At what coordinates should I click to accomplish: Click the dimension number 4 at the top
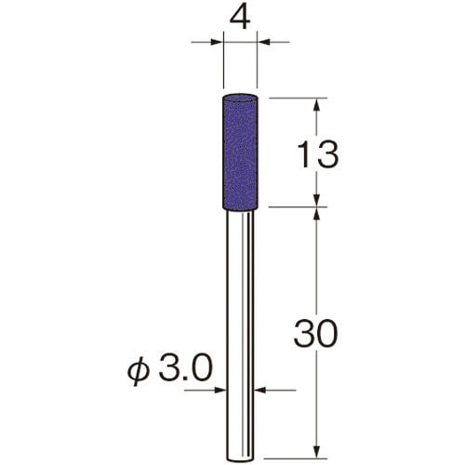pos(240,19)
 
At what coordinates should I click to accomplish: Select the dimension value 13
pos(318,154)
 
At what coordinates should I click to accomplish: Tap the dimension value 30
pos(315,333)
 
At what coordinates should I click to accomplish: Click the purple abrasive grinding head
pos(241,153)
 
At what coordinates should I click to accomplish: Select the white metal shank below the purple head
pos(241,336)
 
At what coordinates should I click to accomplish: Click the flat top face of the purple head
pos(241,97)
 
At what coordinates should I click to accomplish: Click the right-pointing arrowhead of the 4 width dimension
pos(217,42)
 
